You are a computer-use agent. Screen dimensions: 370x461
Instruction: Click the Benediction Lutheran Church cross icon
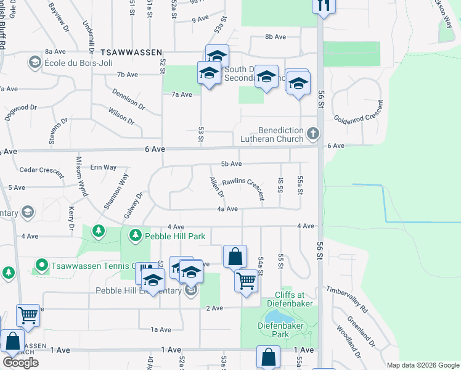pos(314,133)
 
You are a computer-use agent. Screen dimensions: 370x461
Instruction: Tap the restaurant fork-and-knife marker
pos(324,6)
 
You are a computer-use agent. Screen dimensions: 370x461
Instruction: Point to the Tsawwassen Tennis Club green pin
pos(42,266)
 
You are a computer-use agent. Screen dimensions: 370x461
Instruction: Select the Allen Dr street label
pos(216,187)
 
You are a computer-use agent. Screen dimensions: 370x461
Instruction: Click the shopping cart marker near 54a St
pos(246,281)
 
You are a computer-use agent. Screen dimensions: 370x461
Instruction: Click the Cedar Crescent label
pos(42,170)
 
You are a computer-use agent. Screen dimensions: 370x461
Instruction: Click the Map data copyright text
pos(422,365)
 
